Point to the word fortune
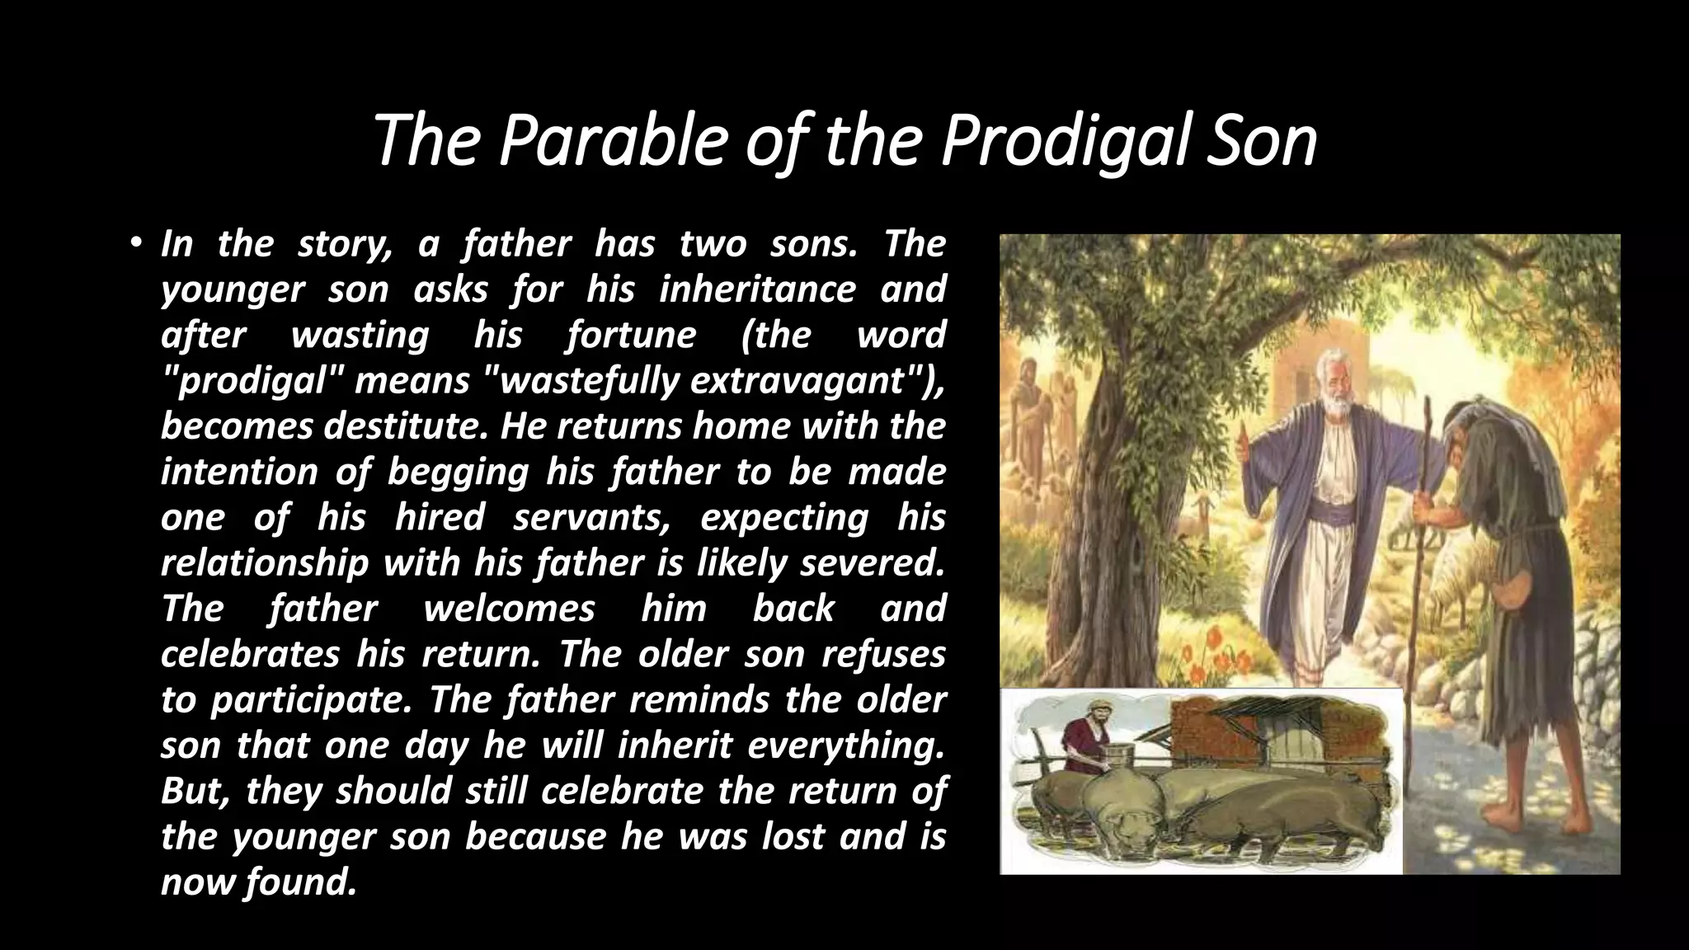(631, 336)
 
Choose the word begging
(458, 473)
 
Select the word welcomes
(509, 609)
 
